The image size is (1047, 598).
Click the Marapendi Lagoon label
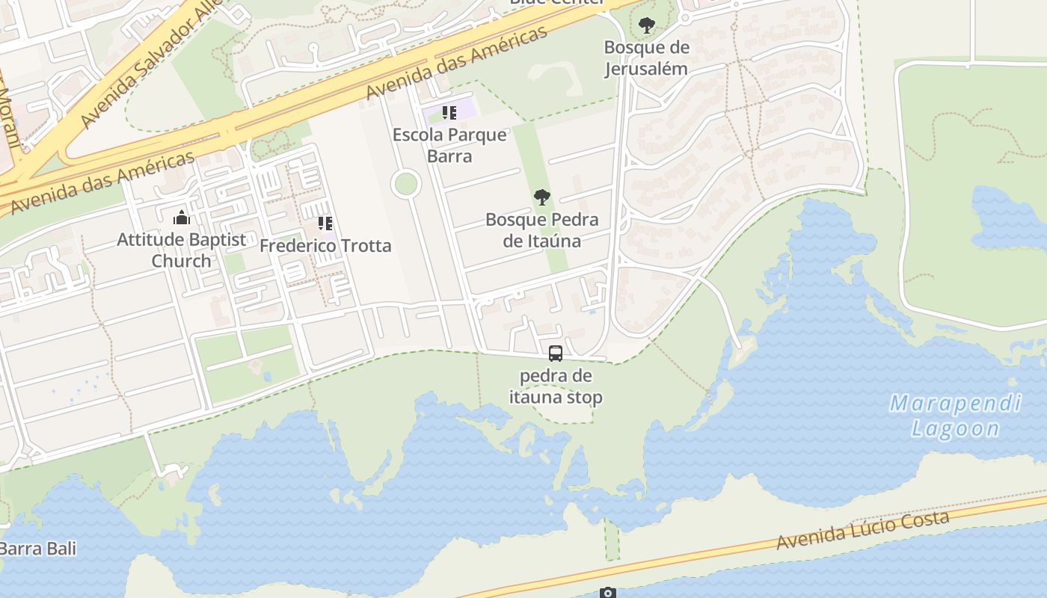pos(955,416)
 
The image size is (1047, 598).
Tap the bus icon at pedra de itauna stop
pos(555,354)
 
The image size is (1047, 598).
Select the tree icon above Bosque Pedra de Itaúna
pos(542,197)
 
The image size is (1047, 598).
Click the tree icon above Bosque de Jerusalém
pos(646,25)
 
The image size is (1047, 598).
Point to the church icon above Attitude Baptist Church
pos(181,218)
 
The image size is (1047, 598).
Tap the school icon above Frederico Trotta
pos(325,223)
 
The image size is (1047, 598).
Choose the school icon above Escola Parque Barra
pos(449,113)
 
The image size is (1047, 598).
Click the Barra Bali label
pos(37,549)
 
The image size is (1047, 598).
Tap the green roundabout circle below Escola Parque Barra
pos(406,183)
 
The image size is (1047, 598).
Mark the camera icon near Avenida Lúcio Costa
pos(608,593)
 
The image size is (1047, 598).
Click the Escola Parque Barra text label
pos(449,145)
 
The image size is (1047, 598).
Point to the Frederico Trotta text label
pos(325,245)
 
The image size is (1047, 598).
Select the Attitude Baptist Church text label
pos(182,250)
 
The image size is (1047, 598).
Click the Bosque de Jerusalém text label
pos(646,58)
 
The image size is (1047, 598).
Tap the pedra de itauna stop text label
pos(556,386)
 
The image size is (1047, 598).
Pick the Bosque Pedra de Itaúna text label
pos(542,229)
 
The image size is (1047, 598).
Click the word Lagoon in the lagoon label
pos(955,428)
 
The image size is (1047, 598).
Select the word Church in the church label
pos(182,261)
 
